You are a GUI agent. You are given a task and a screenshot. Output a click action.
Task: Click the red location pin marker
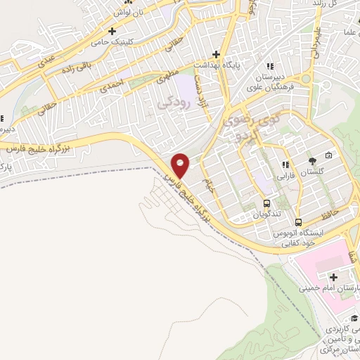pos(180,165)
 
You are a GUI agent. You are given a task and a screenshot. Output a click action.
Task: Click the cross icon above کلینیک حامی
pos(112,30)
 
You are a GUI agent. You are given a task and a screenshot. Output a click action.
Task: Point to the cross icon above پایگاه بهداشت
pos(217,54)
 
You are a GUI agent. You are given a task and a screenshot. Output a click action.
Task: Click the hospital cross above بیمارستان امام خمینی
pos(332,278)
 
